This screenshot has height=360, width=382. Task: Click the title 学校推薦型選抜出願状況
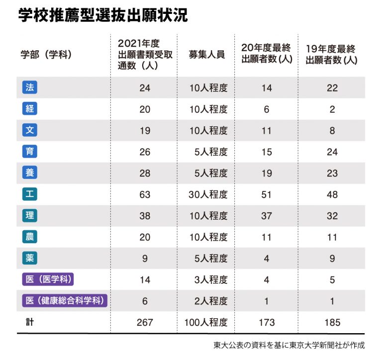coord(103,15)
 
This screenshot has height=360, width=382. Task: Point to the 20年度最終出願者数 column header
coord(266,54)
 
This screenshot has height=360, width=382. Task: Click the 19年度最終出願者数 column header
coord(332,54)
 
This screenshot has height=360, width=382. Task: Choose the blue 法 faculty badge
coord(30,88)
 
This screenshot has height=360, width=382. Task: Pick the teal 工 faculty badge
coord(30,194)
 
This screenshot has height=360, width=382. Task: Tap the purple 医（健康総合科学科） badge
coord(65,301)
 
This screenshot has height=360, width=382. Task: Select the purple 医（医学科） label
coord(48,279)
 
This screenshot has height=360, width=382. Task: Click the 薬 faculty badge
coord(30,258)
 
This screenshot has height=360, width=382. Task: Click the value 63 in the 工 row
coord(145,194)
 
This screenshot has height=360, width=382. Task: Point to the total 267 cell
coord(145,323)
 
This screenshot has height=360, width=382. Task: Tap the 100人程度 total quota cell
coord(206,323)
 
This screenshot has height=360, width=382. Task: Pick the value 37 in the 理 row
coord(267,216)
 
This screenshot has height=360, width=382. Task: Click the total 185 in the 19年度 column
coord(332,323)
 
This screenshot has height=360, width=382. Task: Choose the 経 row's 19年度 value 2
coord(332,109)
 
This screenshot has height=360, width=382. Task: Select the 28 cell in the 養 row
coord(145,173)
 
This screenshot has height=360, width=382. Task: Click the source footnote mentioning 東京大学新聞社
coord(289,345)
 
